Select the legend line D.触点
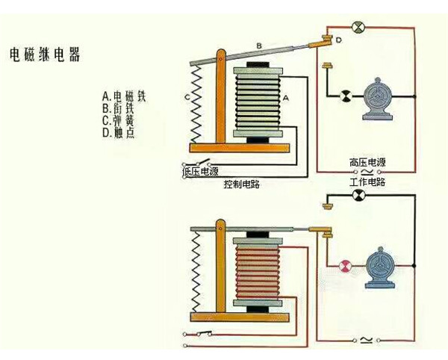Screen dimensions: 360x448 pyautogui.click(x=119, y=133)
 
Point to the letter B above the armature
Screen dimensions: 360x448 pyautogui.click(x=259, y=46)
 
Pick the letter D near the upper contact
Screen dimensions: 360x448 pyautogui.click(x=338, y=39)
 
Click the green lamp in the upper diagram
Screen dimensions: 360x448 pyautogui.click(x=357, y=28)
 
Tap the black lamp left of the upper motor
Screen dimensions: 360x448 pyautogui.click(x=346, y=96)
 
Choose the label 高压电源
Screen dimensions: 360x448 pyautogui.click(x=367, y=162)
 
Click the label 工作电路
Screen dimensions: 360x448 pyautogui.click(x=367, y=182)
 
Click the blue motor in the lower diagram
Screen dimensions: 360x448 pyautogui.click(x=382, y=268)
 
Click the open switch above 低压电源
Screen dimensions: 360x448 pyautogui.click(x=199, y=162)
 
